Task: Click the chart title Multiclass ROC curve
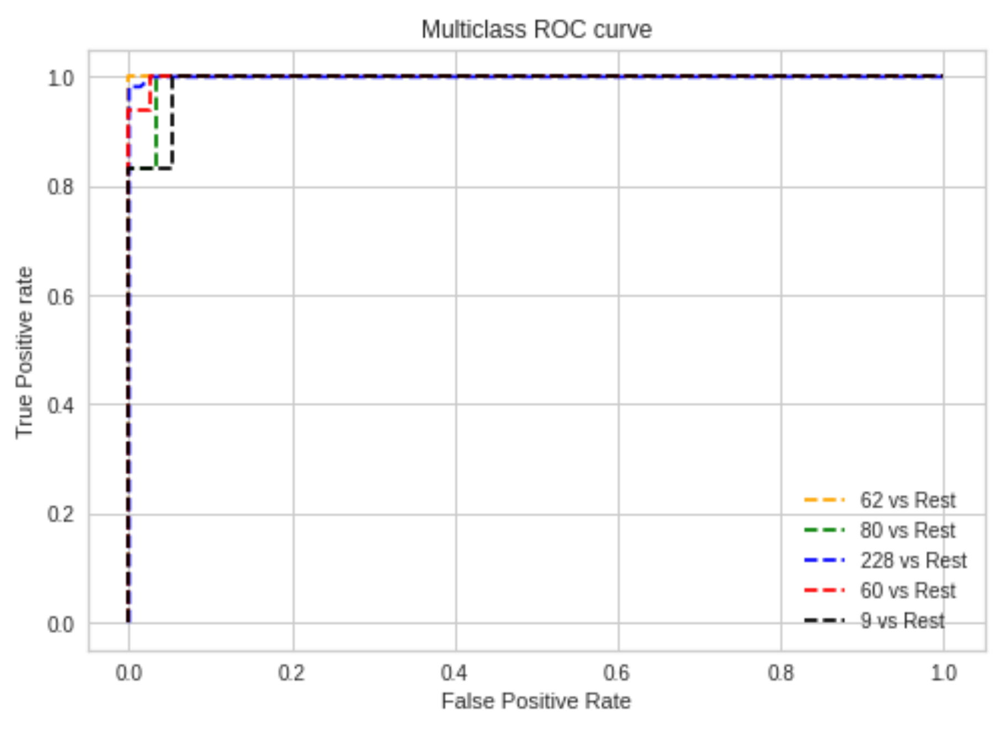536,30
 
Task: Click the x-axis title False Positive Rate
536,701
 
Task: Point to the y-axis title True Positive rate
24,353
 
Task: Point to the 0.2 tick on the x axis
291,673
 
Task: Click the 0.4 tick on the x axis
454,673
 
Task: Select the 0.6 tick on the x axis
617,673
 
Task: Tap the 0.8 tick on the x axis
780,673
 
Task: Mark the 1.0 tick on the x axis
943,673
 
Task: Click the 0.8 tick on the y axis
61,187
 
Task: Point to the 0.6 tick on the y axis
61,297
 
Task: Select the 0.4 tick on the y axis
61,406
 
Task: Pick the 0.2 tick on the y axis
61,515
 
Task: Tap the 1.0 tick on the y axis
61,78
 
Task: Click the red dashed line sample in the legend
824,591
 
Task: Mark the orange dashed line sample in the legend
824,500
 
